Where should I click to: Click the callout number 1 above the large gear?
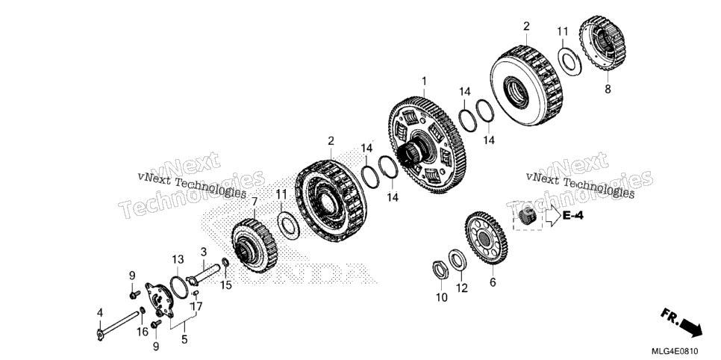pyautogui.click(x=424, y=81)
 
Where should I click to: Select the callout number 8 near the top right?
pyautogui.click(x=608, y=90)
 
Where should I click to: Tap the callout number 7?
pyautogui.click(x=255, y=201)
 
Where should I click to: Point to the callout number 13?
pyautogui.click(x=178, y=259)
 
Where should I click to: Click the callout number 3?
pyautogui.click(x=204, y=252)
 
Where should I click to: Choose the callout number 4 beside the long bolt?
pyautogui.click(x=100, y=313)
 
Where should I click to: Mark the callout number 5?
pyautogui.click(x=184, y=340)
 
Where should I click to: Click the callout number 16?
pyautogui.click(x=143, y=331)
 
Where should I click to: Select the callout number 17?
pyautogui.click(x=196, y=305)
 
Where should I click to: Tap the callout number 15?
pyautogui.click(x=225, y=285)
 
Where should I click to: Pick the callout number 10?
pyautogui.click(x=441, y=298)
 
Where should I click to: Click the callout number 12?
pyautogui.click(x=462, y=288)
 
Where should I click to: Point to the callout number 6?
pyautogui.click(x=493, y=282)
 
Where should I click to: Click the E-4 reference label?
pyautogui.click(x=573, y=215)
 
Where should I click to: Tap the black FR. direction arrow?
pyautogui.click(x=690, y=327)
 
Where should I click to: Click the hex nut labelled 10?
pyautogui.click(x=440, y=270)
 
